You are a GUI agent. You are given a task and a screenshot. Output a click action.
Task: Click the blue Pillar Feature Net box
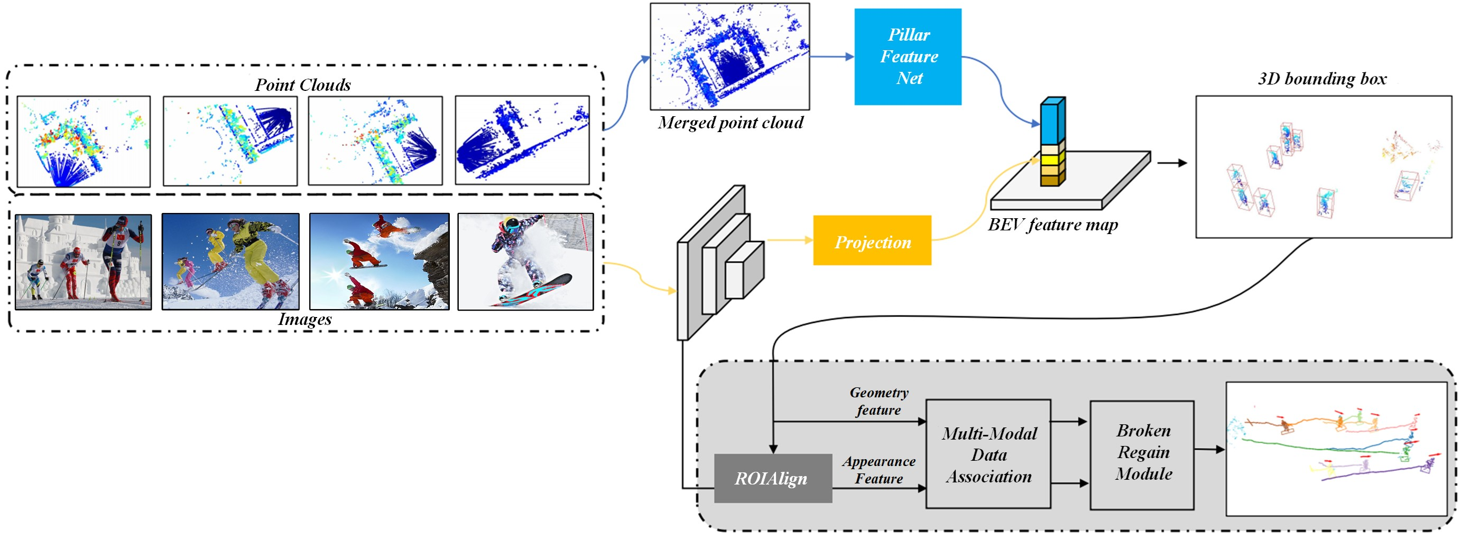click(x=908, y=57)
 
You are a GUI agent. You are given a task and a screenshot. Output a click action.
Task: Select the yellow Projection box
click(x=872, y=240)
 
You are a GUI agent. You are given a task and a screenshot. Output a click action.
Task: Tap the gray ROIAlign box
click(x=772, y=478)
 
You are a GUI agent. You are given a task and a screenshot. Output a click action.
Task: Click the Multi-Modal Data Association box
click(x=988, y=454)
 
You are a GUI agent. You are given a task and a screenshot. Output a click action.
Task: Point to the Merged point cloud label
click(x=730, y=123)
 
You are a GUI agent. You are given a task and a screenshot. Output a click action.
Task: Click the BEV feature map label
click(x=1052, y=225)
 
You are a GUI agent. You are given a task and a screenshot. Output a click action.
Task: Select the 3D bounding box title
click(x=1321, y=78)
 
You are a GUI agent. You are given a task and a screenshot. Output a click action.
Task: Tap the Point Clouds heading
click(x=302, y=85)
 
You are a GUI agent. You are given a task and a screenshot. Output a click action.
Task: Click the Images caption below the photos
click(x=304, y=319)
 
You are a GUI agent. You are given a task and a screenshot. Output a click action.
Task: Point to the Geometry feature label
click(x=879, y=401)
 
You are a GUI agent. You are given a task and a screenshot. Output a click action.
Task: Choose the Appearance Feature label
click(x=879, y=470)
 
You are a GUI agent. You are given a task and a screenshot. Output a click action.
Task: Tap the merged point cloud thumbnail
click(x=729, y=56)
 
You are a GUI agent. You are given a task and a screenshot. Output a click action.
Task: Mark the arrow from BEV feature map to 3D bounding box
click(x=1172, y=163)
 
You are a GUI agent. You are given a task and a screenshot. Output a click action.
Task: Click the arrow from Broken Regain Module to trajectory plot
click(x=1209, y=450)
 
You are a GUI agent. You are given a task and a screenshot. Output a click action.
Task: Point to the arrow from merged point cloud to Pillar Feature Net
click(x=831, y=57)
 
